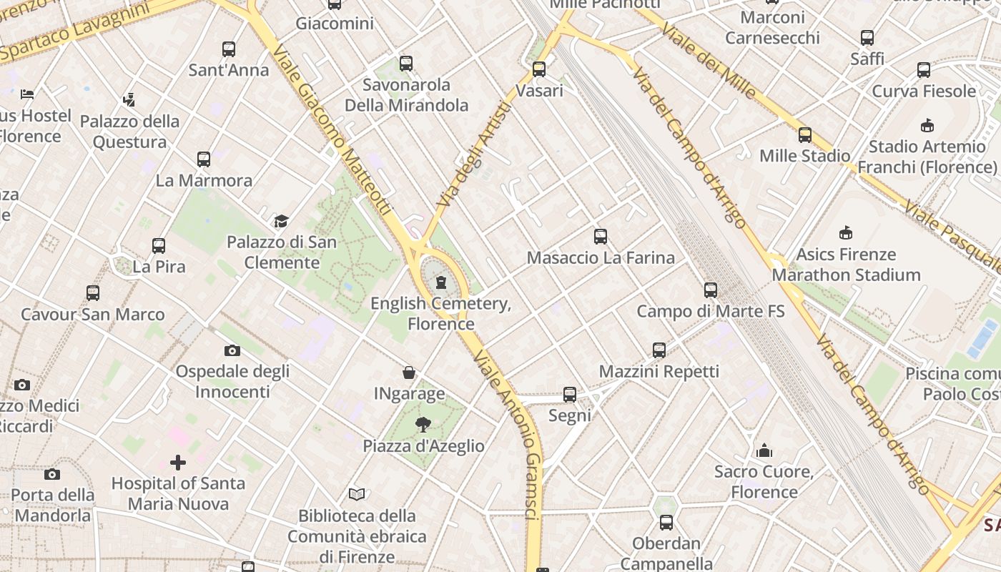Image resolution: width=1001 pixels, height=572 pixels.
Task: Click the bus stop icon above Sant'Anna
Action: (x=229, y=49)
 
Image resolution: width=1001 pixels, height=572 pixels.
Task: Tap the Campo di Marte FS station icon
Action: (x=710, y=290)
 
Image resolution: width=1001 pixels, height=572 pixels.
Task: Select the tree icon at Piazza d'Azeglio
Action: (x=423, y=425)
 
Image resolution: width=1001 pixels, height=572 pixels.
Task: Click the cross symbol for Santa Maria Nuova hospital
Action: (x=178, y=463)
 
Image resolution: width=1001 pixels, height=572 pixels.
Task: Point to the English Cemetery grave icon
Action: (x=441, y=282)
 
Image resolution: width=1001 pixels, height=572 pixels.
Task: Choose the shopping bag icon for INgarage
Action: (x=409, y=373)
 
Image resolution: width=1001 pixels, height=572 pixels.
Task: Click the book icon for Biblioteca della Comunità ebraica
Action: (x=357, y=494)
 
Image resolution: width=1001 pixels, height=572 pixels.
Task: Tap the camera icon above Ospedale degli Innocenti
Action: (x=232, y=350)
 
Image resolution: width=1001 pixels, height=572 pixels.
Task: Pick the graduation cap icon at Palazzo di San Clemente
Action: (x=281, y=222)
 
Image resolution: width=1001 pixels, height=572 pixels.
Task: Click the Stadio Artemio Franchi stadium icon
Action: (x=927, y=126)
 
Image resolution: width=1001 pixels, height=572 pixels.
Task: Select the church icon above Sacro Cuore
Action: (x=764, y=450)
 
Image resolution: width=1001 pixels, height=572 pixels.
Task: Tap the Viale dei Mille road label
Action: (x=707, y=60)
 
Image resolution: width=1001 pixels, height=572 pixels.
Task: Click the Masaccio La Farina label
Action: (x=601, y=257)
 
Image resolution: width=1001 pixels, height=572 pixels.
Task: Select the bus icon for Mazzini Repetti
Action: (x=659, y=350)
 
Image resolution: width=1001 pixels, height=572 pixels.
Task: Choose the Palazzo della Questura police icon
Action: (x=129, y=99)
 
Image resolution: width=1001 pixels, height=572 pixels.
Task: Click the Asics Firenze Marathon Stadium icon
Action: (x=846, y=233)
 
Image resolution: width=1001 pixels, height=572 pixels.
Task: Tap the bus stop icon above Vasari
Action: (x=539, y=69)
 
